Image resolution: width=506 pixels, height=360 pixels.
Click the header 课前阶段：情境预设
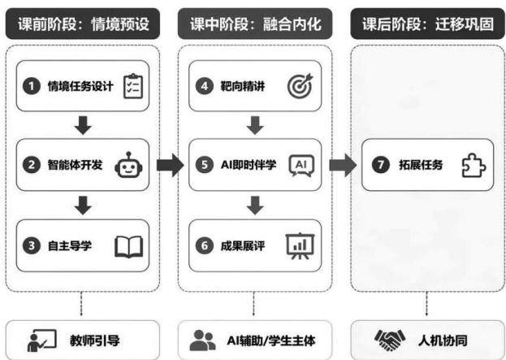click(x=83, y=24)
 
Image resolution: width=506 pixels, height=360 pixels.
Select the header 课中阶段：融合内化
click(x=255, y=24)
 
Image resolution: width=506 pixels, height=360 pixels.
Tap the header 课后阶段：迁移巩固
click(x=427, y=24)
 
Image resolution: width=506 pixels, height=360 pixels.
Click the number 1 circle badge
click(x=32, y=86)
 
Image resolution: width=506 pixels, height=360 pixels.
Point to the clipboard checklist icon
click(x=133, y=86)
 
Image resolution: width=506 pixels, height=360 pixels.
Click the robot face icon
click(x=128, y=165)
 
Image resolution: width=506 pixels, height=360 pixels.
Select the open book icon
click(x=129, y=247)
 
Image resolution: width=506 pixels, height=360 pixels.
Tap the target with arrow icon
click(x=301, y=86)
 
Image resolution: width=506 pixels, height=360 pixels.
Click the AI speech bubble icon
click(x=301, y=166)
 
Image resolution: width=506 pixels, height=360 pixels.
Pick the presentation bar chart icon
click(x=301, y=246)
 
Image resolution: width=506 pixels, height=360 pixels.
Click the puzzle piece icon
click(x=474, y=165)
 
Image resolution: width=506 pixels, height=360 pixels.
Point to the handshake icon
click(x=390, y=340)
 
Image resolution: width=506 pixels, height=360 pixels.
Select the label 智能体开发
click(x=75, y=165)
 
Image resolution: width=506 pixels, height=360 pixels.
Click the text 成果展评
click(x=243, y=246)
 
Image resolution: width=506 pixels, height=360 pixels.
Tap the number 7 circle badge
click(x=381, y=165)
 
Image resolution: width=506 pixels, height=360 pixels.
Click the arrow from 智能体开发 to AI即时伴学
click(x=170, y=165)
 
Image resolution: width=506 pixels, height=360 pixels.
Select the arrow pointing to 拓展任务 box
click(x=343, y=165)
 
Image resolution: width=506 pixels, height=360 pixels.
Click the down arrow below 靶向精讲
click(x=255, y=125)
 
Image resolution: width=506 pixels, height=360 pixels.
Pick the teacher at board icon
click(x=41, y=340)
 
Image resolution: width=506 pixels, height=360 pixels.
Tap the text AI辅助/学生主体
click(x=271, y=340)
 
